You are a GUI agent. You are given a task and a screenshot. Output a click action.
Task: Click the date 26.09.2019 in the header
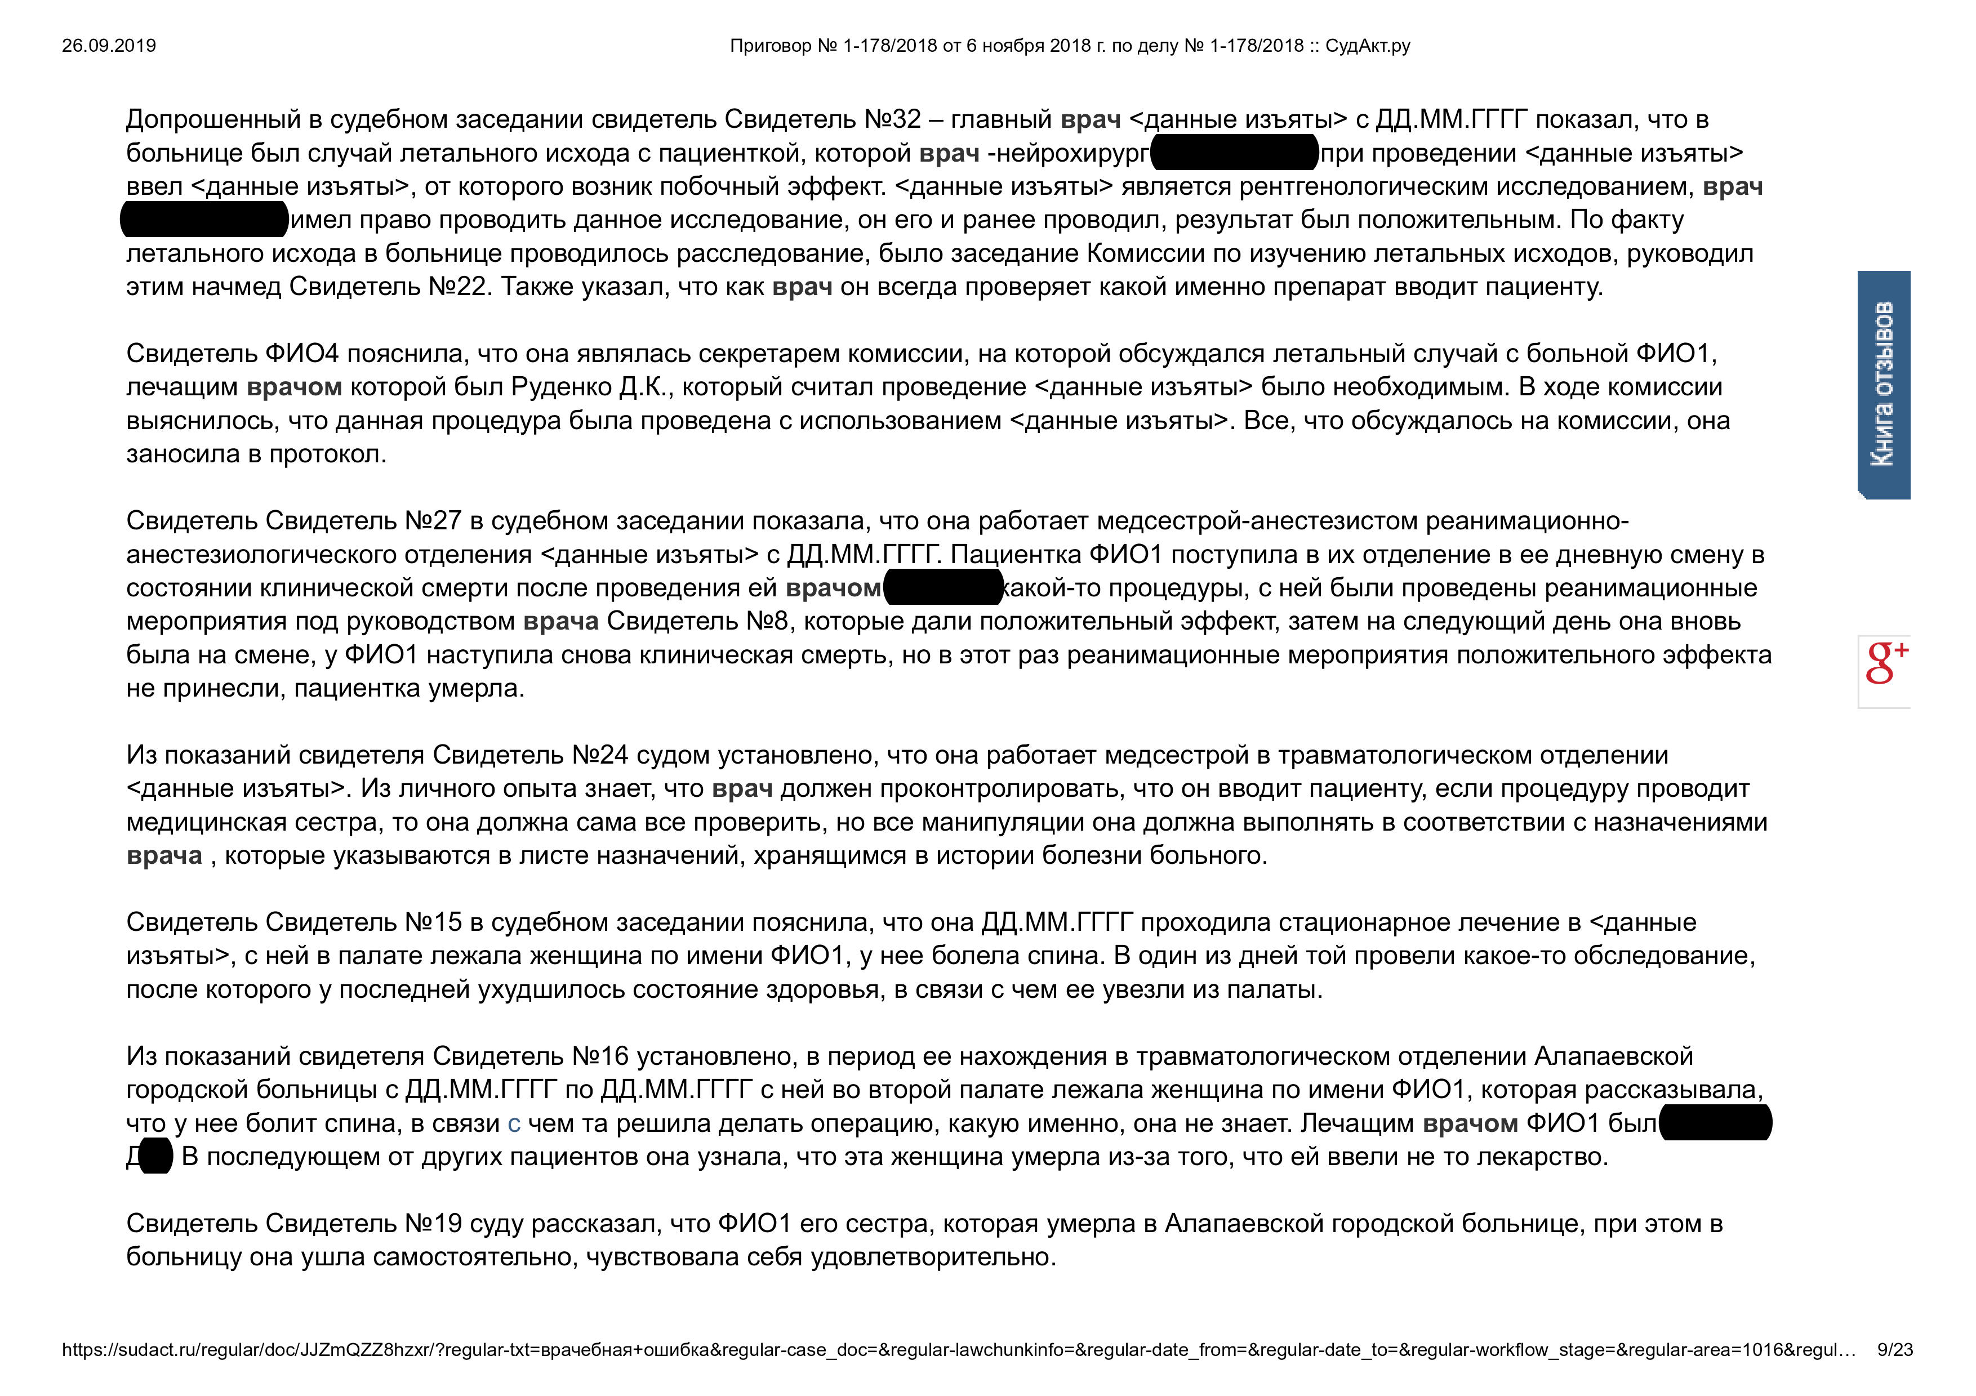pos(109,46)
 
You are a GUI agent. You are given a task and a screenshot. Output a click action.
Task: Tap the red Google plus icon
pos(1885,663)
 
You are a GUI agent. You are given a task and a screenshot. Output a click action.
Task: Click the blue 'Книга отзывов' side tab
pos(1883,385)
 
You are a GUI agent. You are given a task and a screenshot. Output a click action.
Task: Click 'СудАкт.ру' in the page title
pos(1368,46)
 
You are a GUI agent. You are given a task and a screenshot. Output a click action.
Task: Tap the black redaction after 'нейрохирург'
pos(1234,153)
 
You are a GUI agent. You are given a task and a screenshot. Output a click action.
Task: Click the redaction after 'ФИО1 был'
pos(1715,1123)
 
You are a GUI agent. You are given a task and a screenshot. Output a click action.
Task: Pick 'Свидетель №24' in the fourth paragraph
pos(529,755)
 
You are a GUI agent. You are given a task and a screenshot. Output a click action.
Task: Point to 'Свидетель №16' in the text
pos(529,1056)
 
